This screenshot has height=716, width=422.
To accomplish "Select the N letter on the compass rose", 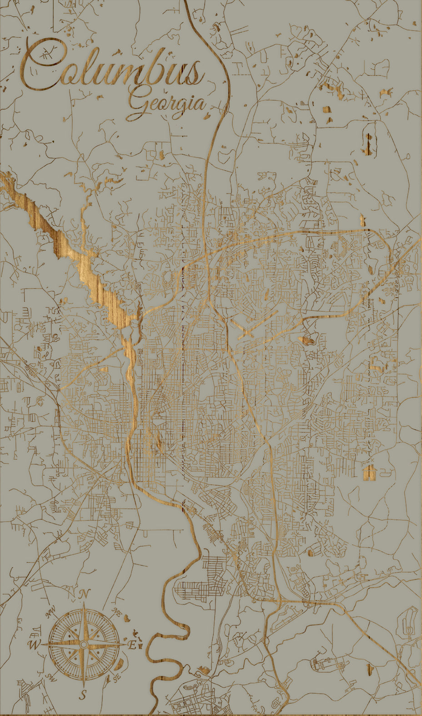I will click(x=84, y=594).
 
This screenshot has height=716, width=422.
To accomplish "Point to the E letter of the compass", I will click(x=132, y=645).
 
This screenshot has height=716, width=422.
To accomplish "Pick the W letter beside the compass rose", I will click(x=34, y=645).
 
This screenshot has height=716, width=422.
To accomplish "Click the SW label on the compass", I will click(x=50, y=677).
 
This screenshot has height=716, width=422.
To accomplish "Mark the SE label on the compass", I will click(x=116, y=678).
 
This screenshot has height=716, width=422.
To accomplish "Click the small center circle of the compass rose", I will click(x=83, y=645).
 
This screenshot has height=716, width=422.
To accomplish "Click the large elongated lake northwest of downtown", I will click(x=91, y=269).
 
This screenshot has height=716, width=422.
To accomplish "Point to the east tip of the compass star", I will click(x=126, y=645).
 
